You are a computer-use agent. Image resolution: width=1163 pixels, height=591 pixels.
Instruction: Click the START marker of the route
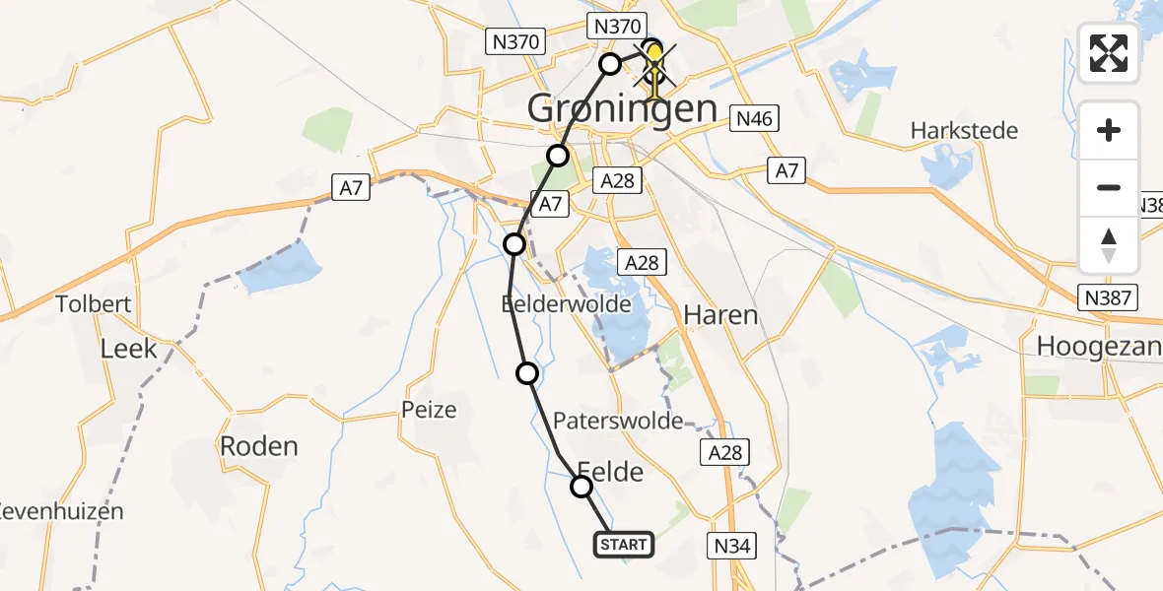click(623, 545)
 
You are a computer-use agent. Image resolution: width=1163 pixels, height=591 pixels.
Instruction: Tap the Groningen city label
click(622, 108)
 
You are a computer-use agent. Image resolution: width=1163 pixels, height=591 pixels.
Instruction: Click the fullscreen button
click(1109, 53)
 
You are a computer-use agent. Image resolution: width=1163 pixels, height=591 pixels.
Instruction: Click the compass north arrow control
click(1109, 245)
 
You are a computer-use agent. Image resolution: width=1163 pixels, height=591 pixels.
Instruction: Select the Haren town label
click(722, 315)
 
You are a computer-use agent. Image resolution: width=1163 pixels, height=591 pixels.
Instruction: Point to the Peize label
click(429, 409)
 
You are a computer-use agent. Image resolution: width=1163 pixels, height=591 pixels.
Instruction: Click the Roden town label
click(259, 446)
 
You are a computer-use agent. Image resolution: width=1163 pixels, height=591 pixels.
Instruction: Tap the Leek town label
click(129, 348)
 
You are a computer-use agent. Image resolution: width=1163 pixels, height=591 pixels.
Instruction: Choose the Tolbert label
click(94, 304)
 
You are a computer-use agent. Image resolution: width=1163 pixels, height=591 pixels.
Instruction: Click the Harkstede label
click(964, 131)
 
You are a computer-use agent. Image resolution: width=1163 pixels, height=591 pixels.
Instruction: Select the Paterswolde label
click(618, 422)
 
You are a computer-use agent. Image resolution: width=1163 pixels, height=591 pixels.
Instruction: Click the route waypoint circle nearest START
click(581, 487)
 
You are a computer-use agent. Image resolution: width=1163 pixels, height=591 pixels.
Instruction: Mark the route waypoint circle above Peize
click(528, 372)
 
